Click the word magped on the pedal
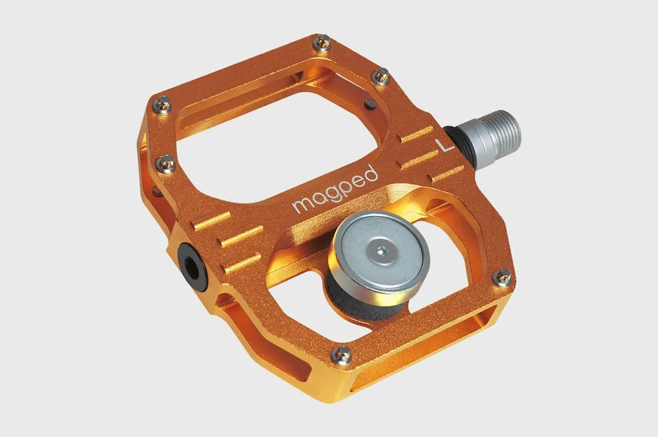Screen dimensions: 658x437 (x=336, y=190)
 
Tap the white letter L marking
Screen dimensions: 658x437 (x=444, y=145)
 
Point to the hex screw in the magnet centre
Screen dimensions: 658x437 (x=381, y=251)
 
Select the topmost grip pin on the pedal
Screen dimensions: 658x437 (x=322, y=43)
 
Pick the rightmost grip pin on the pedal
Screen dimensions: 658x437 (x=502, y=278)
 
